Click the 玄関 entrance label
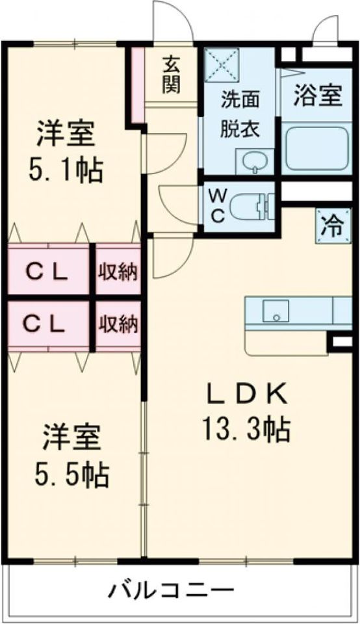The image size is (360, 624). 171,75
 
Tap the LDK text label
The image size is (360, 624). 248,395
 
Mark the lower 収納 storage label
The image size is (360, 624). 118,323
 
